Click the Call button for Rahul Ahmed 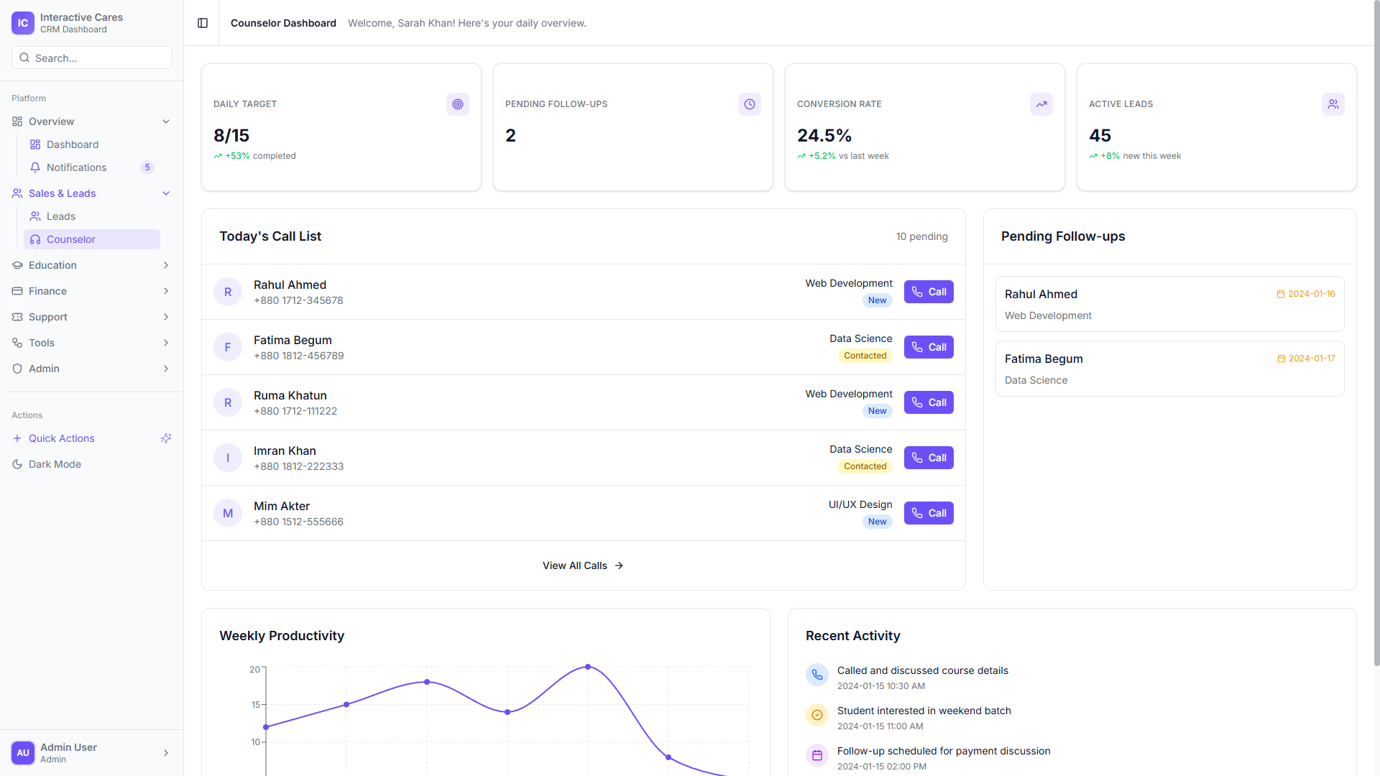[928, 292]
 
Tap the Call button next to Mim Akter [928, 513]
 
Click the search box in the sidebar [91, 58]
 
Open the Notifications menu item [76, 167]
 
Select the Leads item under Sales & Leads [61, 216]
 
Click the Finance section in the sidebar [47, 291]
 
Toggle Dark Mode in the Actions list [55, 464]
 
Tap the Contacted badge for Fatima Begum [865, 356]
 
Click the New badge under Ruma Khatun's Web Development [877, 411]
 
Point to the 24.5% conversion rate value [824, 136]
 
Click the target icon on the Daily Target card [458, 104]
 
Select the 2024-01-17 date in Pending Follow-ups [1310, 359]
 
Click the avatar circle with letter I [228, 458]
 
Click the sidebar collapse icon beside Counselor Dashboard [203, 23]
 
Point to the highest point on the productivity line [588, 667]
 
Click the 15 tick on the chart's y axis [256, 705]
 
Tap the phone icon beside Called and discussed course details [817, 675]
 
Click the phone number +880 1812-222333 [298, 466]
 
